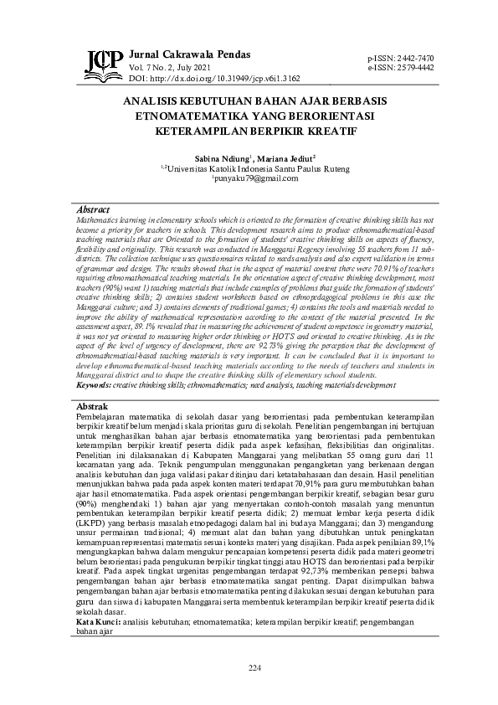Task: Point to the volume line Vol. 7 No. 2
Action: coord(171,66)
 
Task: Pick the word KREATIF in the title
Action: coord(325,131)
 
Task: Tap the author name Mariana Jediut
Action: coord(286,157)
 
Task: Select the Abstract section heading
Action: coord(93,208)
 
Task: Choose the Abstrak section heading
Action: coord(93,405)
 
